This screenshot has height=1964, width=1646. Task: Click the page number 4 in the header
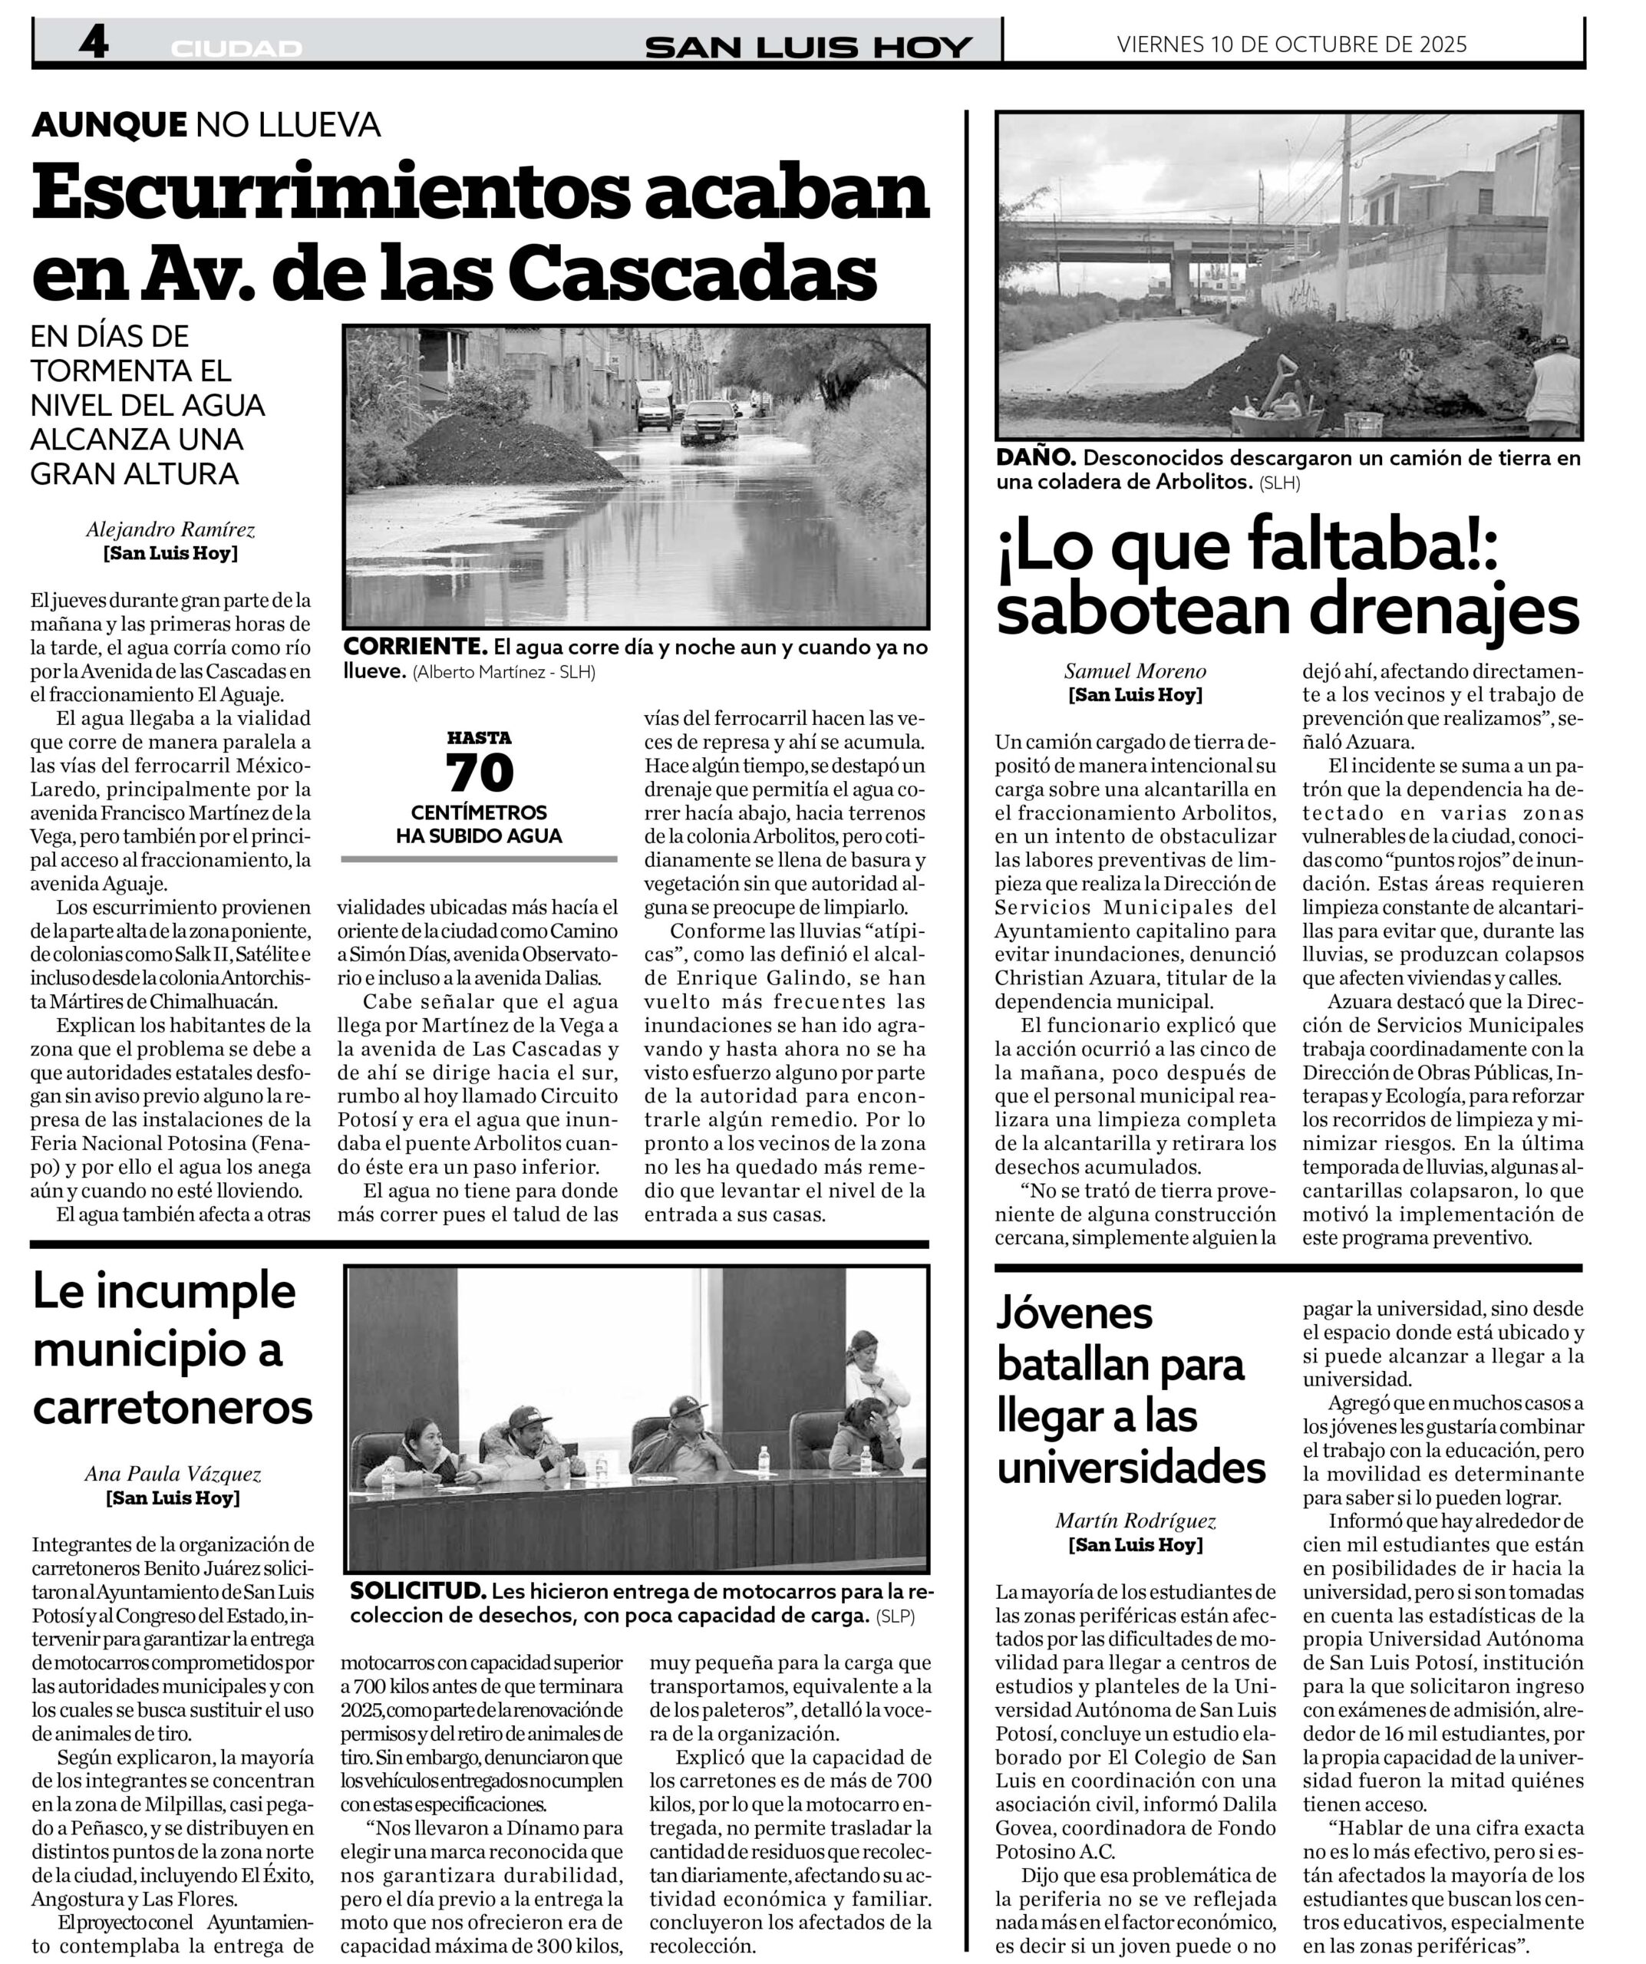(94, 43)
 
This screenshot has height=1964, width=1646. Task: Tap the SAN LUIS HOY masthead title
(809, 47)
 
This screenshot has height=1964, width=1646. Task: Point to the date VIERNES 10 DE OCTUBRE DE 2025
(1291, 44)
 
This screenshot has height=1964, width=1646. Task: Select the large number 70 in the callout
(480, 773)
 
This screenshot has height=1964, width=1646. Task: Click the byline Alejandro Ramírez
(170, 529)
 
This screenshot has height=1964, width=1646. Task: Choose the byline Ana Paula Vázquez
(173, 1474)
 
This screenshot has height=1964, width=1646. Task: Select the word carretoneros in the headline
(173, 1408)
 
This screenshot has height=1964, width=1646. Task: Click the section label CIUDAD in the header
(236, 48)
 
